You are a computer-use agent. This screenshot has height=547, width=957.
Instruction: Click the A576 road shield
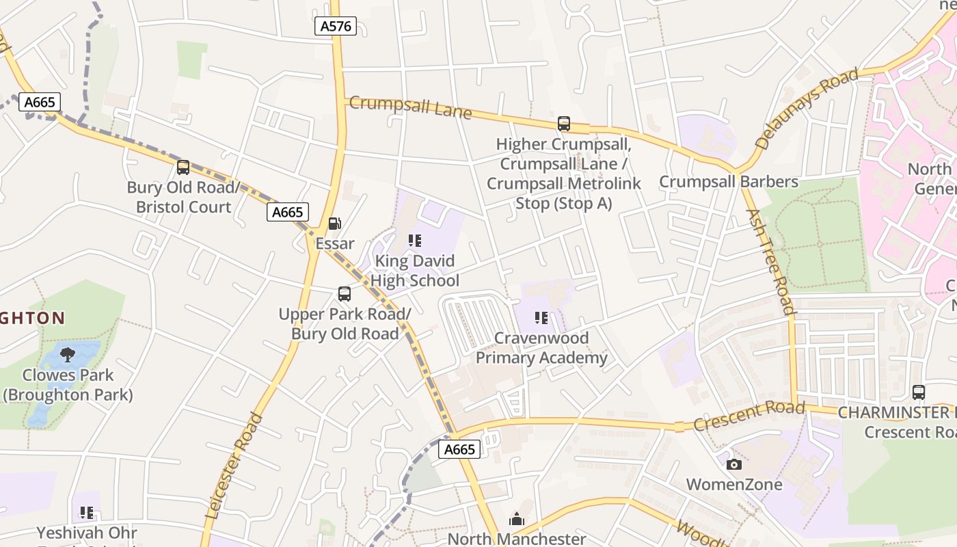click(x=336, y=26)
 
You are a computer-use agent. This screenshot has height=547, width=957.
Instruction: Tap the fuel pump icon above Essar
click(x=335, y=224)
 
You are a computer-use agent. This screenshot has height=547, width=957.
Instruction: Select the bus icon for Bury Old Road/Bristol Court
click(x=183, y=168)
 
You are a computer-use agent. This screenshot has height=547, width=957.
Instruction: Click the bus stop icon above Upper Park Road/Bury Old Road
click(x=345, y=294)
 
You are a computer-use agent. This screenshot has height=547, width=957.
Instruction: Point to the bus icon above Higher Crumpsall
click(x=564, y=124)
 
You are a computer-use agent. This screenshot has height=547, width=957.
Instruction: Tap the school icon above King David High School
click(x=415, y=241)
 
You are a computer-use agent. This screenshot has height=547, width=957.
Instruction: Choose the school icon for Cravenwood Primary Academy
click(x=541, y=318)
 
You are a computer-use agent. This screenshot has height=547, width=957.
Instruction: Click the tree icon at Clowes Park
click(x=68, y=354)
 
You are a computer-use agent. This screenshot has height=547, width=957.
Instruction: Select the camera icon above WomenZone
click(x=734, y=465)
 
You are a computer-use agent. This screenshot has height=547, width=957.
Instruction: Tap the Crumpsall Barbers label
click(x=729, y=182)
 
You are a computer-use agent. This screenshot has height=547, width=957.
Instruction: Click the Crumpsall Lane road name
click(x=410, y=107)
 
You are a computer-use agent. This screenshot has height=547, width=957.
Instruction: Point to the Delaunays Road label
click(x=807, y=109)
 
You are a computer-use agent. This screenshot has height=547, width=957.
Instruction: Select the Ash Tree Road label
click(x=770, y=261)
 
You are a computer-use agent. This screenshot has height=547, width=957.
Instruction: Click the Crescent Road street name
click(x=749, y=416)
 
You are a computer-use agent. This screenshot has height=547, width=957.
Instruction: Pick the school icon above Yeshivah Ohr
click(x=87, y=512)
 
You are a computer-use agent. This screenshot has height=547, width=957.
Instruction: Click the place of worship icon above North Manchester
click(x=517, y=520)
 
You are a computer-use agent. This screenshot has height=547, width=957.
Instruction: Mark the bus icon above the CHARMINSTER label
click(x=919, y=392)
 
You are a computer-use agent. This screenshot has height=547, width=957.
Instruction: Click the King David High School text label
click(x=415, y=271)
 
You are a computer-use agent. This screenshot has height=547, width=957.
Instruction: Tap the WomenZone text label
click(x=734, y=485)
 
